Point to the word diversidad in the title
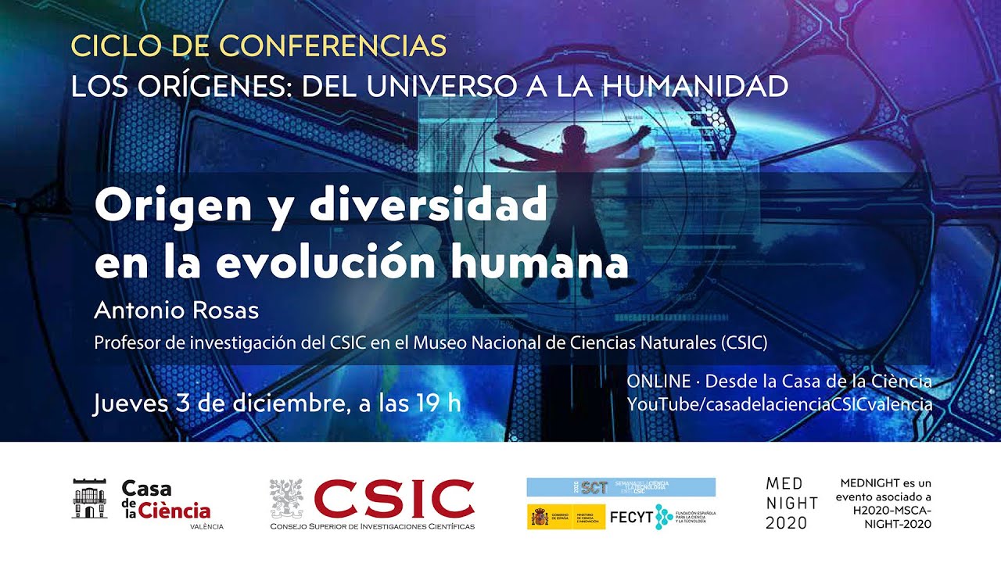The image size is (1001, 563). [x=428, y=206]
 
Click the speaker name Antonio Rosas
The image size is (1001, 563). [x=176, y=310]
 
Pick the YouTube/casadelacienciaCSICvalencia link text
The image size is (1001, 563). [x=779, y=404]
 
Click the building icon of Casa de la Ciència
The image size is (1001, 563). [x=89, y=499]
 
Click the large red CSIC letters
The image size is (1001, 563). [x=394, y=498]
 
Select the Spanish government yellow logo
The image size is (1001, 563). [x=565, y=516]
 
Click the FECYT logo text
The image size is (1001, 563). [x=630, y=516]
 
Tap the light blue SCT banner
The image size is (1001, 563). [x=621, y=487]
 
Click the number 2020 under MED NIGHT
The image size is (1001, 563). [x=786, y=523]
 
